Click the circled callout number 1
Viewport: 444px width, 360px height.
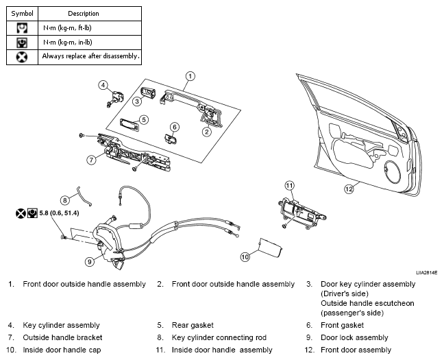(190, 76)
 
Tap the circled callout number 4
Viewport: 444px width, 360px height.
(103, 85)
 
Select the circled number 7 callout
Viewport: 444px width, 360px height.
(91, 160)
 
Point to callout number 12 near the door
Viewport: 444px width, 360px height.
(349, 189)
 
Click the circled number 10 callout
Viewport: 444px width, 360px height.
(245, 257)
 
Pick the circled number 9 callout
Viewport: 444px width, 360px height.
(90, 261)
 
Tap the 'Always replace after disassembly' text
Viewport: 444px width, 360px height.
(90, 56)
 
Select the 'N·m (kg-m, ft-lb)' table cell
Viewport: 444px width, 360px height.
(90, 28)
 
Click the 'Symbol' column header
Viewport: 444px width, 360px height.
(22, 14)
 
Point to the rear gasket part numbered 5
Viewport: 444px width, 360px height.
(129, 125)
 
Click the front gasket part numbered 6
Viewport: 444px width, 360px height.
(170, 139)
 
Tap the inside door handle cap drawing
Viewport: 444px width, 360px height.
(271, 248)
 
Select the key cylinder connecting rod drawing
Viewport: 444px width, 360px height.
(84, 196)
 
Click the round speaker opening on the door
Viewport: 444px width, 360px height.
(393, 172)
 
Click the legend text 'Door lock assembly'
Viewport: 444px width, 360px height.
(354, 337)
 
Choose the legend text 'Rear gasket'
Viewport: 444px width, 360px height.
(193, 325)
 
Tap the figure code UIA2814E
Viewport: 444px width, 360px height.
(426, 273)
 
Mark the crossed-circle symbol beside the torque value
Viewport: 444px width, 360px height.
(21, 213)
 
